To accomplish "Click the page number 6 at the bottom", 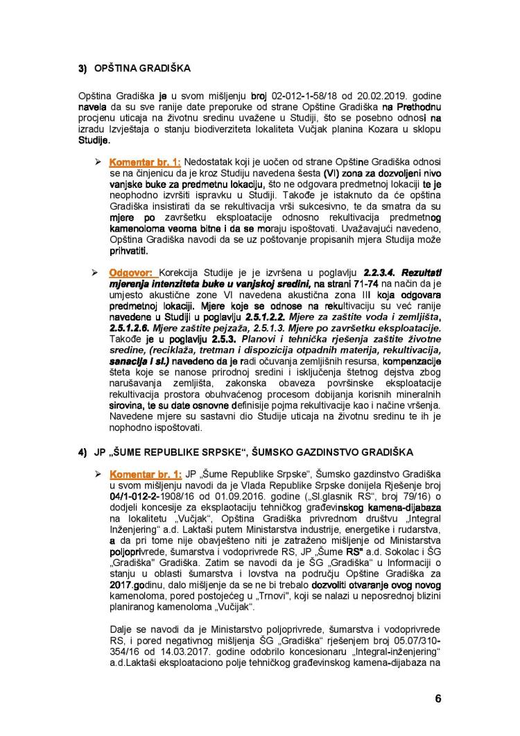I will click(x=437, y=699).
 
